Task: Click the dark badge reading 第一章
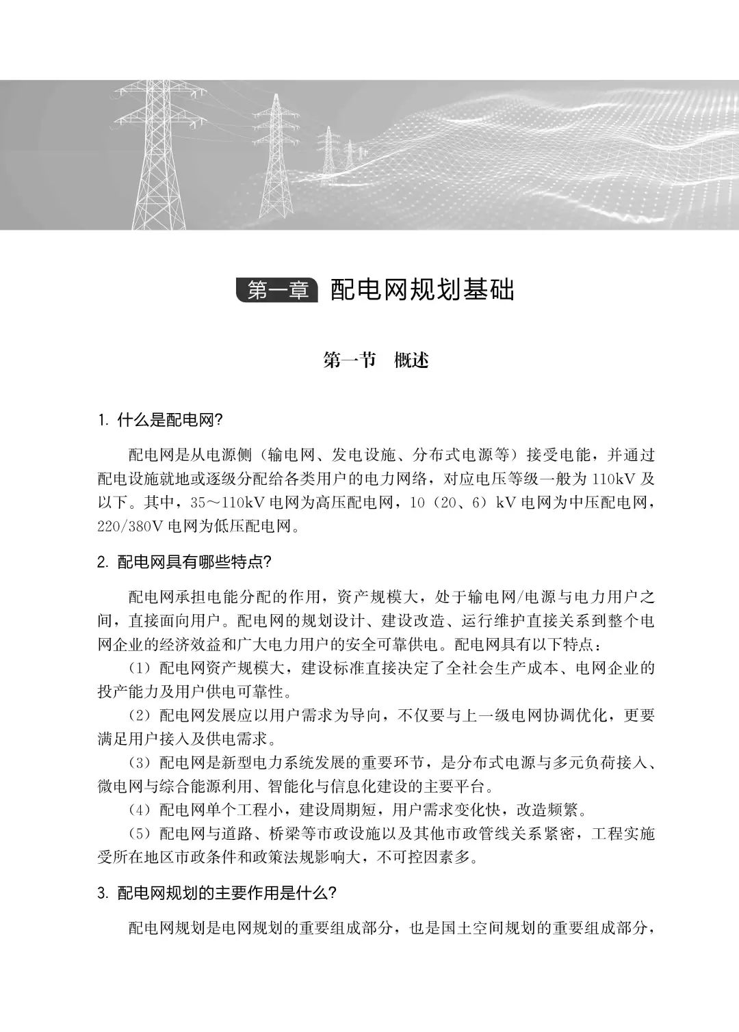pyautogui.click(x=276, y=290)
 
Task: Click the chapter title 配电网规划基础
pyautogui.click(x=422, y=290)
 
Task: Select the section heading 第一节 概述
pyautogui.click(x=376, y=360)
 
